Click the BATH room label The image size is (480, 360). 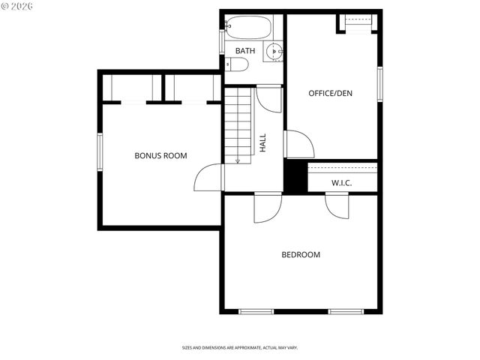245,51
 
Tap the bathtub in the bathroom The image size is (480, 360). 248,28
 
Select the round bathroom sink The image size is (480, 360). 274,52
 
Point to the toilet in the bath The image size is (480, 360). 236,65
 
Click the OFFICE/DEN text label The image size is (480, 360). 330,94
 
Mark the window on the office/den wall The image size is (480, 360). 380,83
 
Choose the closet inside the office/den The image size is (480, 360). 357,23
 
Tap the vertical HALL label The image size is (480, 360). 263,142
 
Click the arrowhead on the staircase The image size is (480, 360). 238,160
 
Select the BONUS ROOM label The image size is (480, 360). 160,156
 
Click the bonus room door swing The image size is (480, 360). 211,178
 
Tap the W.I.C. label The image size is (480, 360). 341,184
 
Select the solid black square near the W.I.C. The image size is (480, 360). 295,176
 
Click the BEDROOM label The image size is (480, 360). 300,255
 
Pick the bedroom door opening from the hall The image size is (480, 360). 267,208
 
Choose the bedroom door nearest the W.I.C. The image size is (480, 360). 337,205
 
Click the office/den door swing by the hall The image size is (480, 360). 298,145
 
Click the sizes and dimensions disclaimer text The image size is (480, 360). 239,348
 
